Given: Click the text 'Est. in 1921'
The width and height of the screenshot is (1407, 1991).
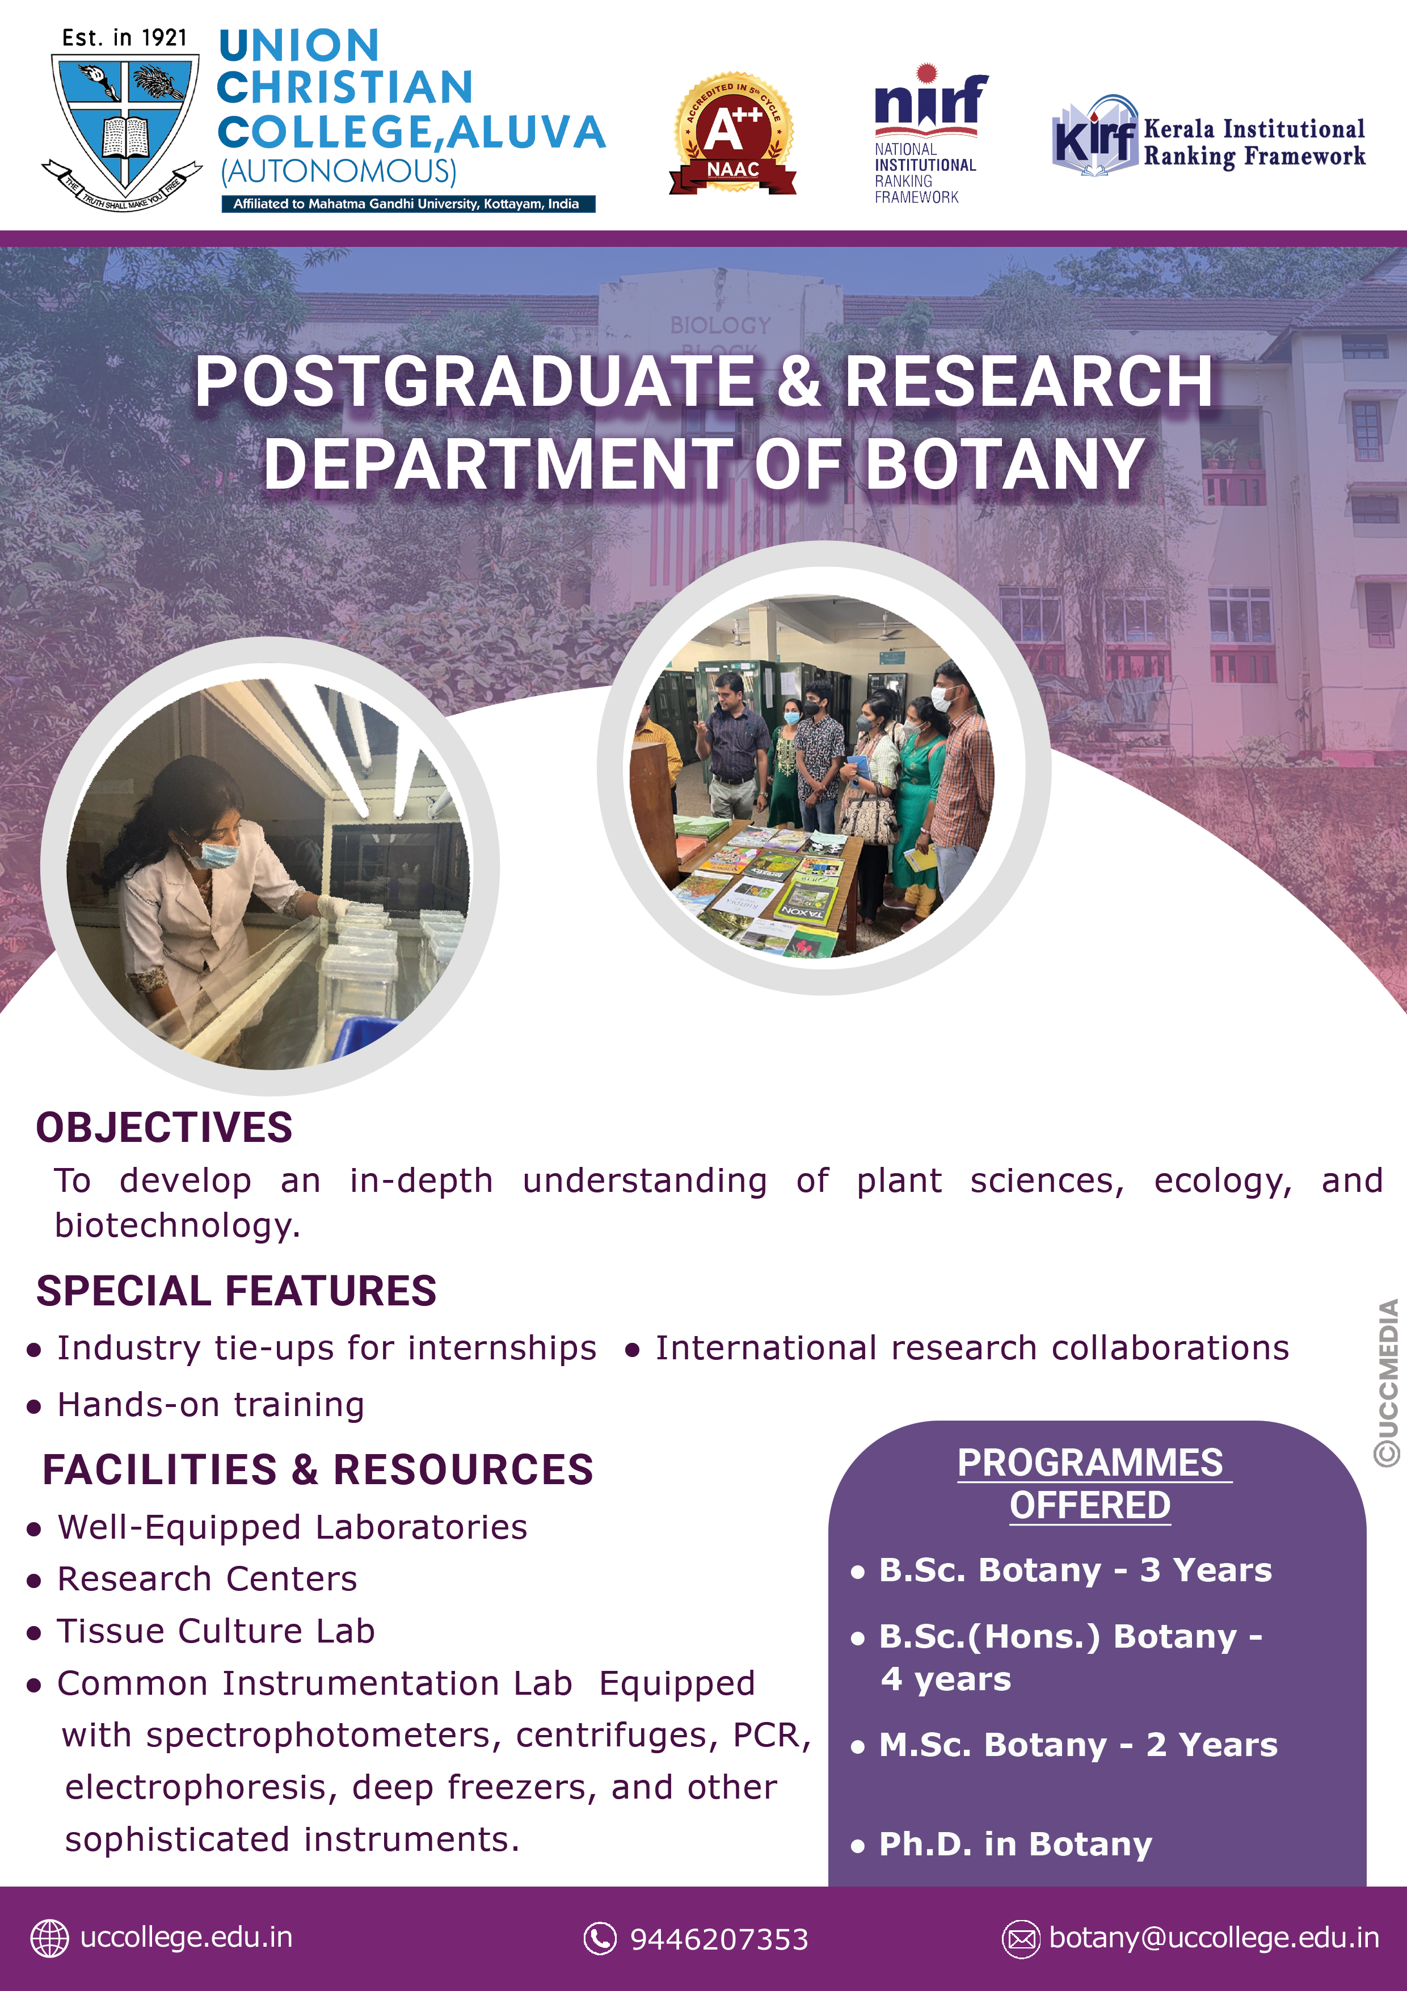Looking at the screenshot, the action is click(x=124, y=38).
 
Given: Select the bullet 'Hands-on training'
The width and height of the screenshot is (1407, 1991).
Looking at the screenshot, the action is click(x=210, y=1405).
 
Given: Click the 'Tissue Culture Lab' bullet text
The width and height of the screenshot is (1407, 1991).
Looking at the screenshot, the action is click(x=216, y=1631).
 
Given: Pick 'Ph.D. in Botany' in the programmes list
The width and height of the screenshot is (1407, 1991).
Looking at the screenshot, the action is click(x=1015, y=1845).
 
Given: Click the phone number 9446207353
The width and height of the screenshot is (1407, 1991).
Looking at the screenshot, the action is click(x=719, y=1939).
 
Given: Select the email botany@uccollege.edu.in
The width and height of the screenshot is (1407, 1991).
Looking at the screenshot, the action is click(x=1214, y=1937).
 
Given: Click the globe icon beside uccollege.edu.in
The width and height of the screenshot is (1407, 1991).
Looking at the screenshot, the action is click(x=49, y=1938).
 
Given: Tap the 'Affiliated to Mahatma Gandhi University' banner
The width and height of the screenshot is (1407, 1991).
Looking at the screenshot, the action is click(x=407, y=204).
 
